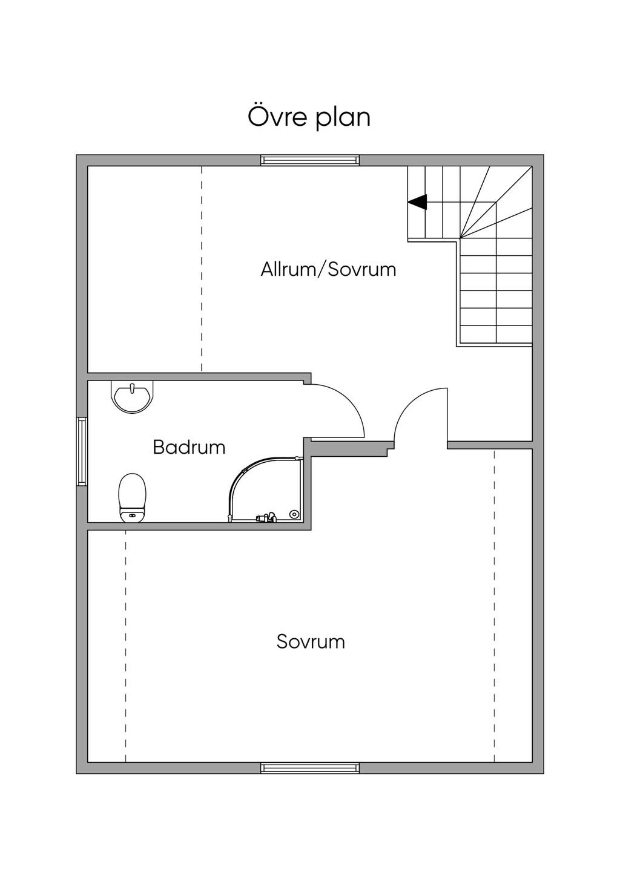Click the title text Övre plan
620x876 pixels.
309,117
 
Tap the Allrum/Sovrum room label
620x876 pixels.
328,269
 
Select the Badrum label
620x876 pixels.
189,447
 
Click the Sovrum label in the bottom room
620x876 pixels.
311,641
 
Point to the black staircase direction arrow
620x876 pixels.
418,202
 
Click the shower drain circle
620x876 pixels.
294,514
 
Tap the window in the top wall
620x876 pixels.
310,160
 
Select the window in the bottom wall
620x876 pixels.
310,768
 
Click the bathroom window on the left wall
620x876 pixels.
82,451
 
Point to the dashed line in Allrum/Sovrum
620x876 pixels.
202,269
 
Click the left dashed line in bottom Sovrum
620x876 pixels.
126,644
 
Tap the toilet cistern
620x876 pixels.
133,515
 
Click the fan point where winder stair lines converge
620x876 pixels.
460,238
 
